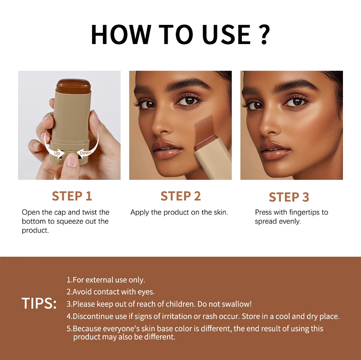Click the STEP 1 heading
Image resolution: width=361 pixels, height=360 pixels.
(72, 196)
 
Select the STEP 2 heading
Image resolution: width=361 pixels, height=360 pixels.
(180, 196)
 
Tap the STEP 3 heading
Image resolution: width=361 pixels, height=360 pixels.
(289, 197)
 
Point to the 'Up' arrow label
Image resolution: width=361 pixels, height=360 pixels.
(57, 153)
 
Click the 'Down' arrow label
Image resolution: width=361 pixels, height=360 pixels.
(85, 152)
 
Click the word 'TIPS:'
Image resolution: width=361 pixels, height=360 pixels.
(39, 304)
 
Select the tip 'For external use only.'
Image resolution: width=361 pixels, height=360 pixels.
(106, 280)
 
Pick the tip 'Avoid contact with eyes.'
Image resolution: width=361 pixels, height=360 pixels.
(111, 292)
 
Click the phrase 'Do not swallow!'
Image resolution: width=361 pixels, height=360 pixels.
(224, 304)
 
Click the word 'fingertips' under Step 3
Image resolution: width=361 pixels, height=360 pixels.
(303, 212)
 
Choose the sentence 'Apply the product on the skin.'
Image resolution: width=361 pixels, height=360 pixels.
(179, 212)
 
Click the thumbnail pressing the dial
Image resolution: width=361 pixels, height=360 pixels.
(72, 161)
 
